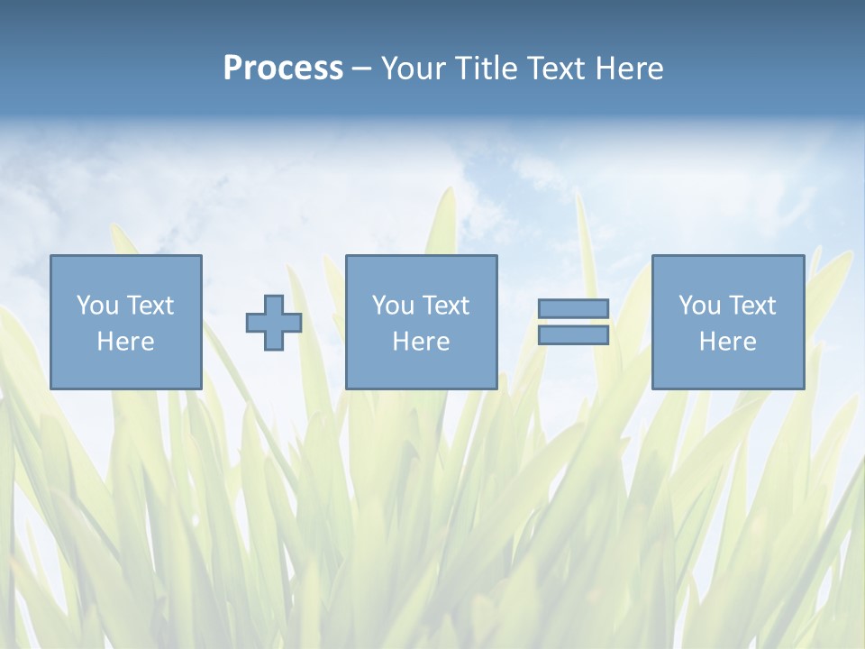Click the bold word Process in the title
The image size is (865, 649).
click(283, 69)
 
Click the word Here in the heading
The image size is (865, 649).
click(630, 69)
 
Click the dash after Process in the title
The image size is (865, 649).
click(361, 69)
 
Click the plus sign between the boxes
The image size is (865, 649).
click(274, 322)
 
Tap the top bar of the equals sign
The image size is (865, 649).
click(573, 308)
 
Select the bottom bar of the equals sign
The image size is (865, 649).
click(573, 335)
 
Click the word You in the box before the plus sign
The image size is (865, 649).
click(96, 306)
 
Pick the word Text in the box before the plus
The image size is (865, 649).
click(149, 306)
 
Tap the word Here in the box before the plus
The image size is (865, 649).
click(125, 342)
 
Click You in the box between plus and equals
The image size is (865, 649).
click(392, 306)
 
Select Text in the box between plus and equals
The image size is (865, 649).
click(444, 306)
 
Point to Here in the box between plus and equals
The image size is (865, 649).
click(421, 342)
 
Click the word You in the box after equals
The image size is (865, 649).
click(698, 306)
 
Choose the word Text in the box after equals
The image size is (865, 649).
click(751, 306)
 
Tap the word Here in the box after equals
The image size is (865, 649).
click(727, 342)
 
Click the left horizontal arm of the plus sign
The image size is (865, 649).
click(256, 322)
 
